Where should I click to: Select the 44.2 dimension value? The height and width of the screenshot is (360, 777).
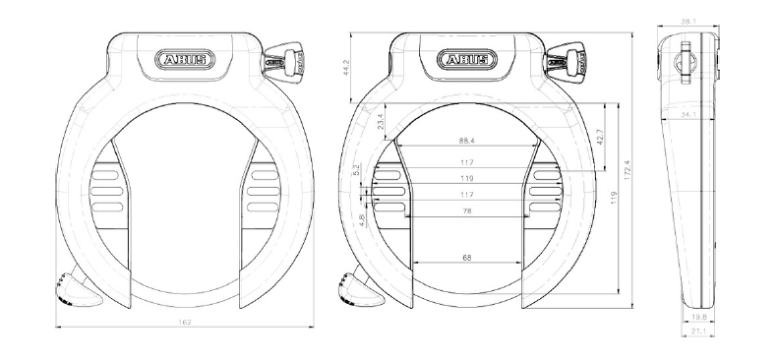pos(360,66)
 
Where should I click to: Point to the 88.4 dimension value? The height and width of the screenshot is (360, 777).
pos(466,141)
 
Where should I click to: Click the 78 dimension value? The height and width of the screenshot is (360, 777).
pos(466,210)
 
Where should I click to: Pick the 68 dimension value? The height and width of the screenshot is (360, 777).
pos(466,258)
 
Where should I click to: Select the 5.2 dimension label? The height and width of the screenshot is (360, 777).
pos(356,169)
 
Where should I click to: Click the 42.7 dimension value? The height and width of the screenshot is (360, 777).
pos(601,134)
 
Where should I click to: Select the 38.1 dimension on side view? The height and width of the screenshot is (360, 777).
pos(687,19)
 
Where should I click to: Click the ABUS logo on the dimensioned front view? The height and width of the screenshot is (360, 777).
pos(466,60)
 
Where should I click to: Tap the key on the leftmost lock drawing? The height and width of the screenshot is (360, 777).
pos(286,60)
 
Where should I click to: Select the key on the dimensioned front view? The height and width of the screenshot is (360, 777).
pos(569,60)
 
